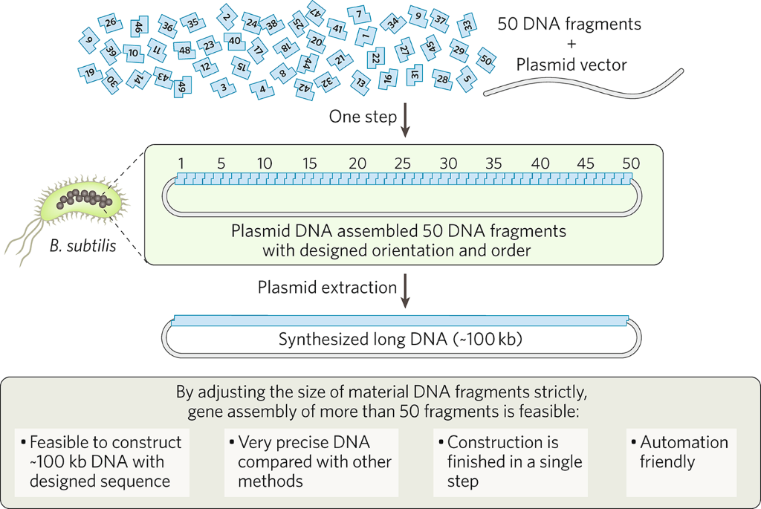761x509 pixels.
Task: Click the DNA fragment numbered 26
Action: pyautogui.click(x=111, y=23)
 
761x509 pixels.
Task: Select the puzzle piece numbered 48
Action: pyautogui.click(x=184, y=50)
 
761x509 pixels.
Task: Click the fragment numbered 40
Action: pyautogui.click(x=234, y=41)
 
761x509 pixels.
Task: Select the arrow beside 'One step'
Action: pyautogui.click(x=404, y=121)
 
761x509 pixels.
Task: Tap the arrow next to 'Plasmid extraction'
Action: pyautogui.click(x=404, y=292)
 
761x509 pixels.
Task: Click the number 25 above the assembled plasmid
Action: pyautogui.click(x=403, y=163)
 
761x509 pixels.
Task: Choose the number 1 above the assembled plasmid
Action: pyautogui.click(x=180, y=163)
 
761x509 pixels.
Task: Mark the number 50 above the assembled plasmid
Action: pyautogui.click(x=630, y=163)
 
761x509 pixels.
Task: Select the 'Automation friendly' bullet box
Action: pyautogui.click(x=681, y=461)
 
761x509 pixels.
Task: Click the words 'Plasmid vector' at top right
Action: pyautogui.click(x=571, y=65)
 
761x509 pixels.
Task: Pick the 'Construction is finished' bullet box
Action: pyautogui.click(x=511, y=461)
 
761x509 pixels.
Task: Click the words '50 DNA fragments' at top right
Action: pyautogui.click(x=569, y=24)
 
